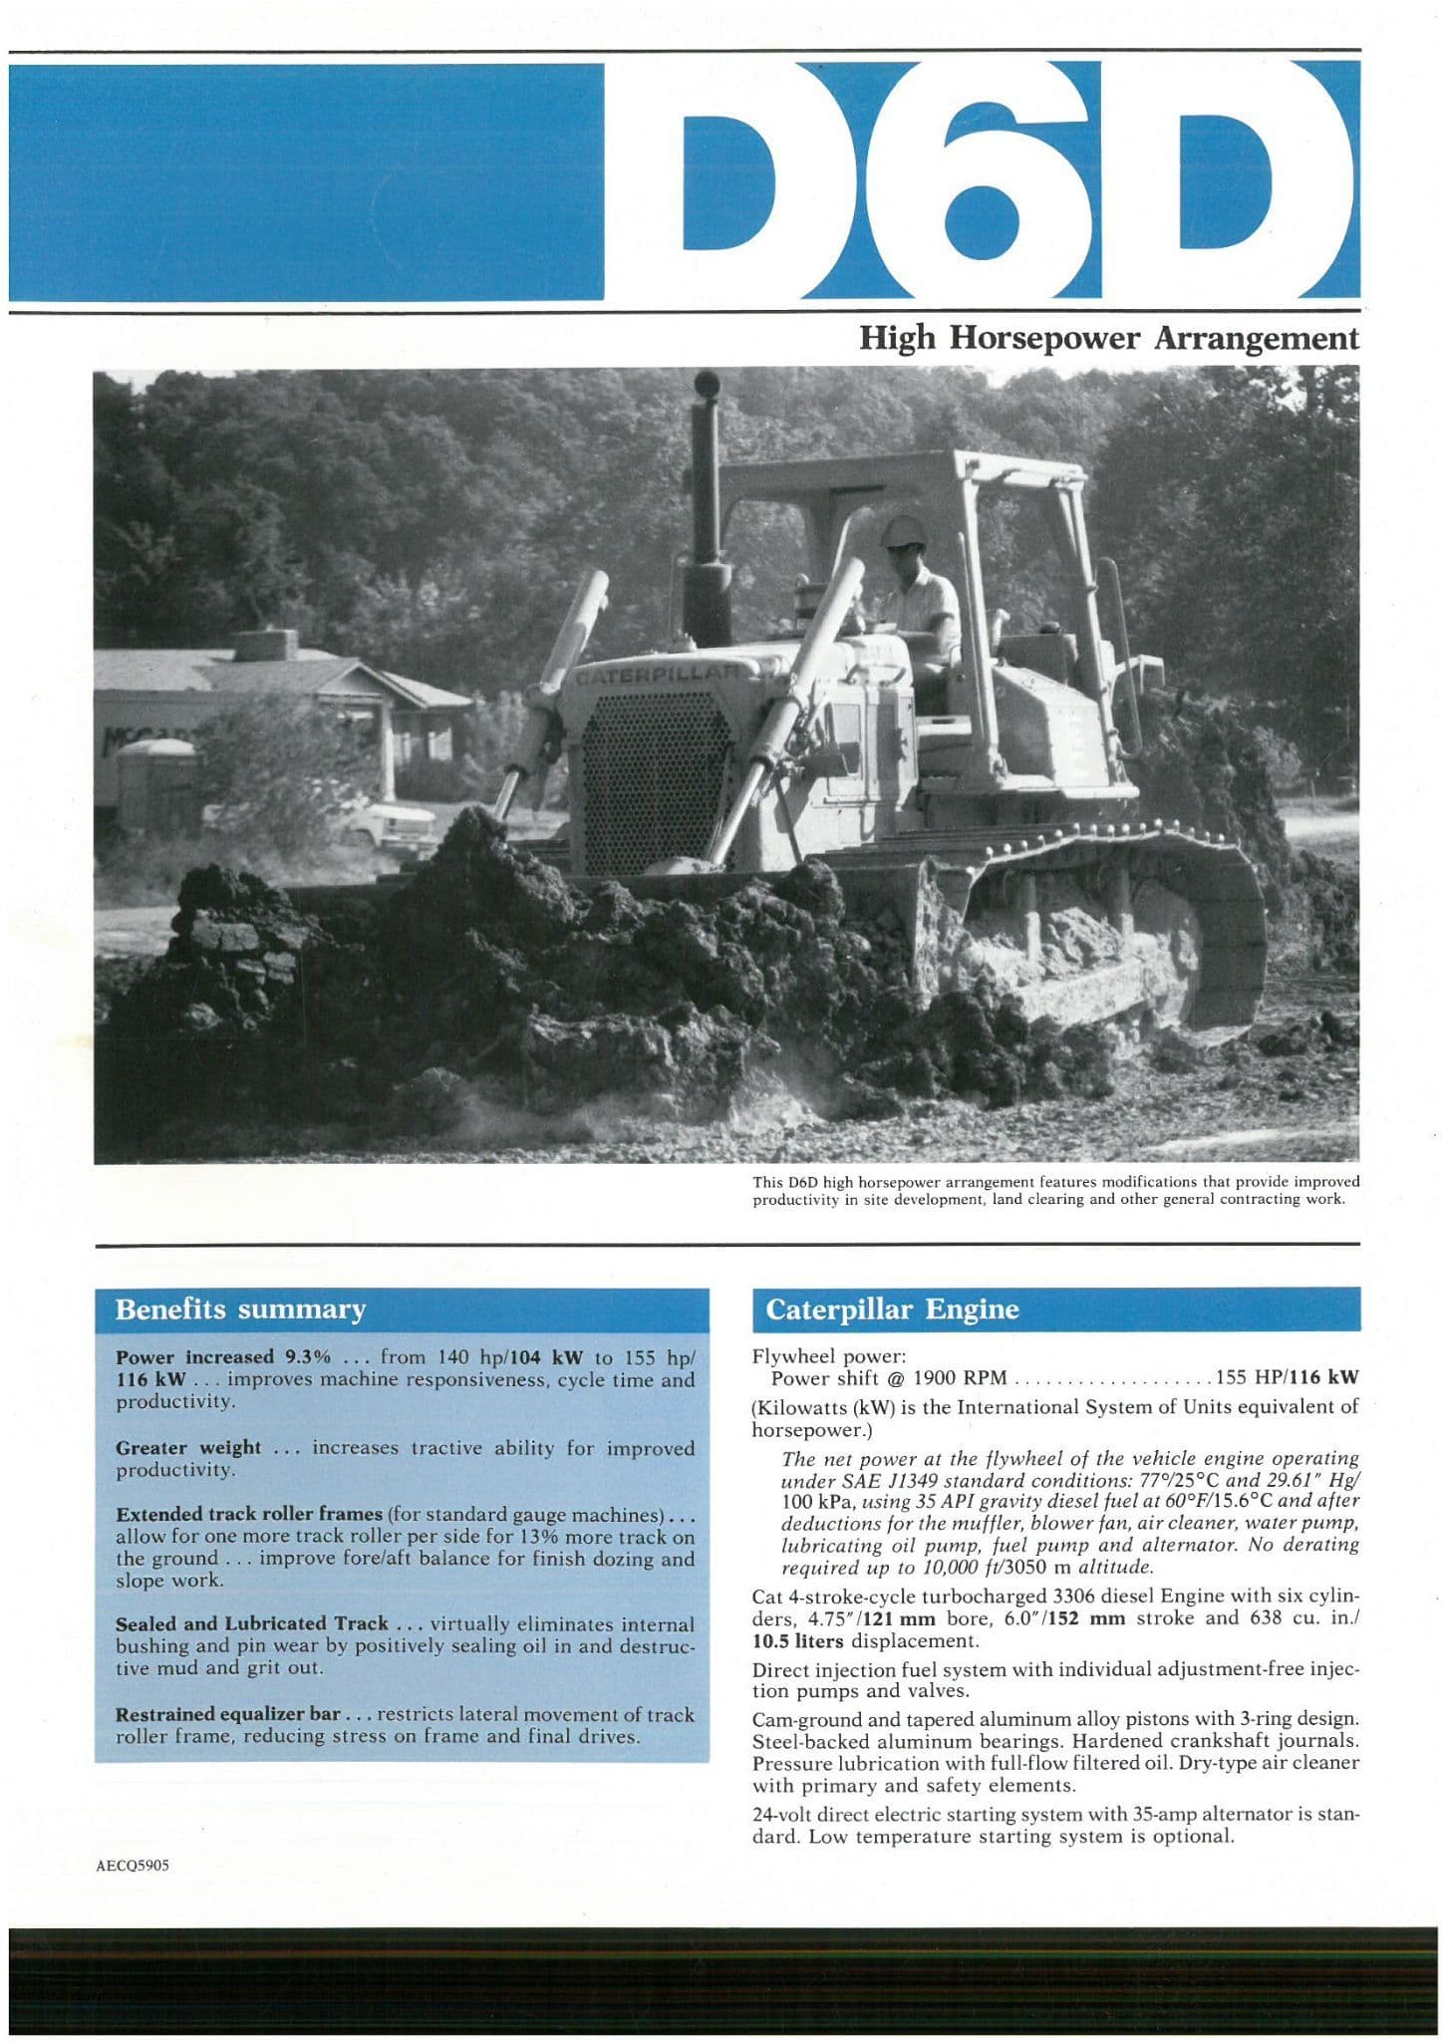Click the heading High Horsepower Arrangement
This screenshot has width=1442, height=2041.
pyautogui.click(x=1108, y=339)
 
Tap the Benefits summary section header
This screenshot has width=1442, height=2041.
pyautogui.click(x=240, y=1309)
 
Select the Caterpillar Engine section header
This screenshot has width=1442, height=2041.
pyautogui.click(x=892, y=1309)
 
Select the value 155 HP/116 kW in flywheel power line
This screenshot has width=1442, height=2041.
pyautogui.click(x=1286, y=1378)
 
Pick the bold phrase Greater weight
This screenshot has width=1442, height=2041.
pyautogui.click(x=188, y=1447)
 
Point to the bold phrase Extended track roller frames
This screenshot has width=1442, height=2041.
pyautogui.click(x=249, y=1514)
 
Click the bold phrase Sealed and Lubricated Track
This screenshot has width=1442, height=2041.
pyautogui.click(x=251, y=1623)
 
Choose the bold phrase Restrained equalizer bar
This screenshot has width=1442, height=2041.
pyautogui.click(x=228, y=1714)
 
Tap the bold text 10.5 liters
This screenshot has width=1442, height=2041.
pyautogui.click(x=797, y=1640)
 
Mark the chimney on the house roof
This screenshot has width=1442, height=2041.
pyautogui.click(x=265, y=644)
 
